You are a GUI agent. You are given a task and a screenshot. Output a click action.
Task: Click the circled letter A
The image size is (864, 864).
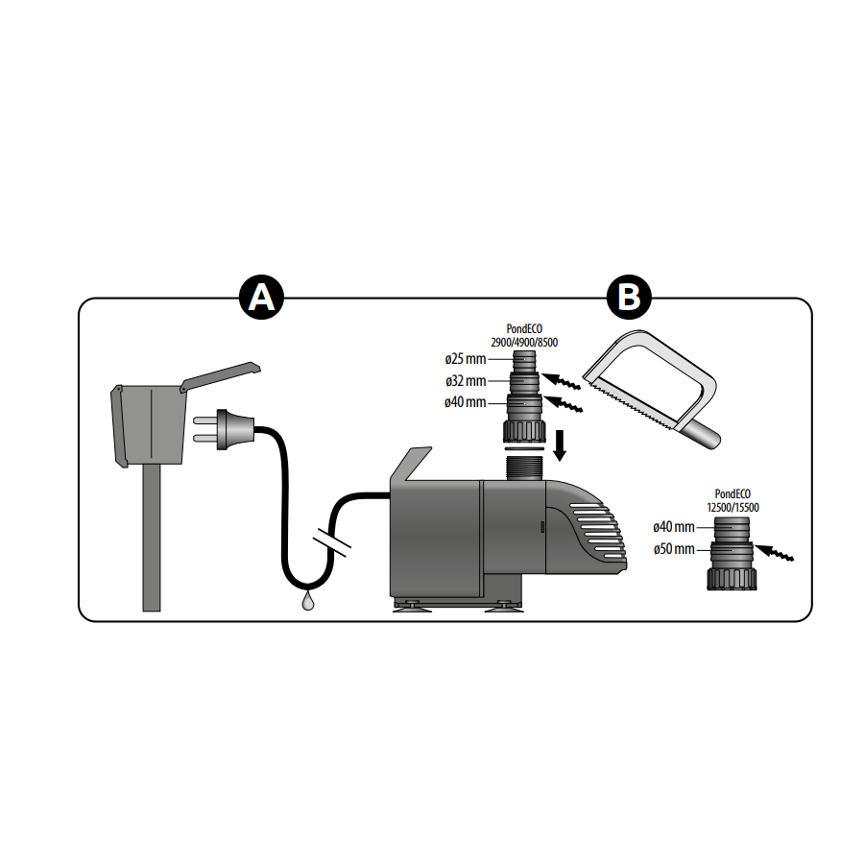pyautogui.click(x=261, y=298)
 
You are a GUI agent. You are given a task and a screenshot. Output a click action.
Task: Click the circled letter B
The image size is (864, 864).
pyautogui.click(x=630, y=298)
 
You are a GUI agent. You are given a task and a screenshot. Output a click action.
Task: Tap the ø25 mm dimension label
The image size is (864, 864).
pyautogui.click(x=466, y=359)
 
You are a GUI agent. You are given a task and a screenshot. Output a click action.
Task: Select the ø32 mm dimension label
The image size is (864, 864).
pyautogui.click(x=466, y=380)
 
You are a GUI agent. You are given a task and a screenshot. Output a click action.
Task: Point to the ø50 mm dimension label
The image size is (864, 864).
pyautogui.click(x=673, y=549)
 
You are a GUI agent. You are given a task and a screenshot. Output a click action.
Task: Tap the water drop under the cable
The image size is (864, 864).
pyautogui.click(x=306, y=601)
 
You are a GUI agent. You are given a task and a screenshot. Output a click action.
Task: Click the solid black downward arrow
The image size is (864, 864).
pyautogui.click(x=561, y=444)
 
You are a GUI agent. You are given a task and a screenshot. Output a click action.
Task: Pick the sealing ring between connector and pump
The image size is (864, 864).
pyautogui.click(x=524, y=447)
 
